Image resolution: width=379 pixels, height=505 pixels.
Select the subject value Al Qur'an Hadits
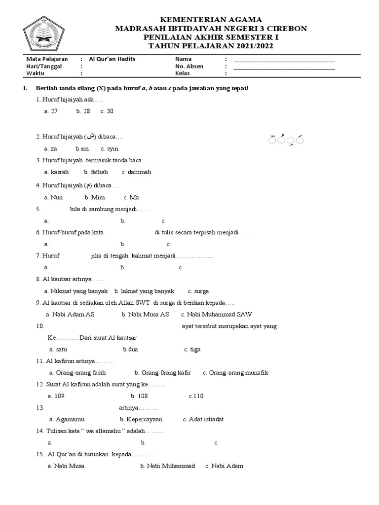(112, 59)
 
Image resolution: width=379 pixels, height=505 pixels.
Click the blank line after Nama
(284, 61)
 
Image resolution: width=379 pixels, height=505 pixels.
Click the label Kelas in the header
(183, 73)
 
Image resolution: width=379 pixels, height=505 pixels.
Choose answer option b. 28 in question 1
(83, 111)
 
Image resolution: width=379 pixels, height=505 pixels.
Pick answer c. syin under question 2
(110, 148)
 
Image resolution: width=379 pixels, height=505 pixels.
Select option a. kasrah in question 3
(56, 172)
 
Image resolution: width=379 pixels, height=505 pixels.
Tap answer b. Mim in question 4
(95, 197)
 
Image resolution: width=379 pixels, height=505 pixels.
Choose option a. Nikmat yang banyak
(76, 291)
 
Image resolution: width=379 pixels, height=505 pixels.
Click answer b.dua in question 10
(130, 349)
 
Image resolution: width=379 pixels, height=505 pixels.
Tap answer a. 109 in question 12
(56, 396)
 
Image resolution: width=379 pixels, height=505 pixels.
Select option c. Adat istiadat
(203, 419)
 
